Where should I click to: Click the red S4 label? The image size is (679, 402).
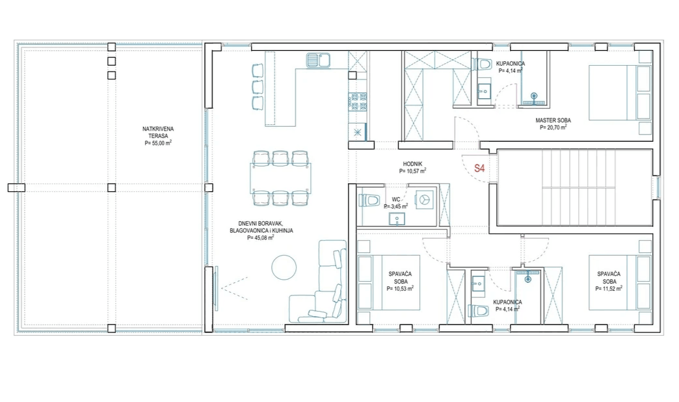click(x=480, y=168)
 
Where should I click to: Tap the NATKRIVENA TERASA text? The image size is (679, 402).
click(x=158, y=132)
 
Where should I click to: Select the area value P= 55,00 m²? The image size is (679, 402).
click(x=158, y=142)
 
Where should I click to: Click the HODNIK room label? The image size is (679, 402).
click(x=413, y=164)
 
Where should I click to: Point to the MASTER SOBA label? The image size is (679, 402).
click(x=553, y=120)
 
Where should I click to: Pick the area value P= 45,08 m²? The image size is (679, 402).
click(x=260, y=238)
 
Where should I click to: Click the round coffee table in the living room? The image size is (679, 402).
click(x=284, y=267)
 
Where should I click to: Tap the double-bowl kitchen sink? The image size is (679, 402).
click(x=319, y=61)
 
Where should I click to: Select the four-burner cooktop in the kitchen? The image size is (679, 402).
click(x=358, y=100)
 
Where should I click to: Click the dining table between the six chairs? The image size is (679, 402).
click(x=280, y=178)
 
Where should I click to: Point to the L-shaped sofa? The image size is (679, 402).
click(x=322, y=286)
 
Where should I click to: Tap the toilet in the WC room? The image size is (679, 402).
click(x=369, y=200)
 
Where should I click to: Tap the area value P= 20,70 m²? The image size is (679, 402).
click(x=553, y=128)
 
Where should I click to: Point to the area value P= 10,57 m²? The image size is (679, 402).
click(x=413, y=171)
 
